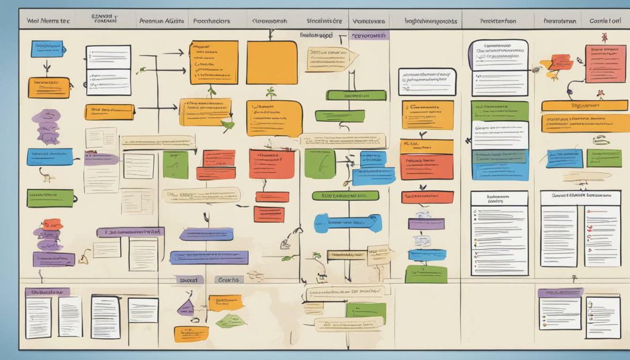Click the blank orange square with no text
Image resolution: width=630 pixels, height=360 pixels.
point(271,62)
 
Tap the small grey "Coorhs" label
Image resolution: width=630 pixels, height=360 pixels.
point(228,279)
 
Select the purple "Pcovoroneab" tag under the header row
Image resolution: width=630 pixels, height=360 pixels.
point(369,36)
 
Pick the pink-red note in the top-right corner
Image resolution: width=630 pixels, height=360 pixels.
point(604,63)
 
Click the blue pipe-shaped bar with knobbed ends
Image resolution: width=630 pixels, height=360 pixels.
point(348,223)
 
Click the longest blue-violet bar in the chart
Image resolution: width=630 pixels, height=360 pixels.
point(209,257)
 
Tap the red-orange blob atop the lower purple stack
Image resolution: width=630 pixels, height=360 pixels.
point(52,224)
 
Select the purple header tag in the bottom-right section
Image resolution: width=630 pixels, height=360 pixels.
point(560,293)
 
